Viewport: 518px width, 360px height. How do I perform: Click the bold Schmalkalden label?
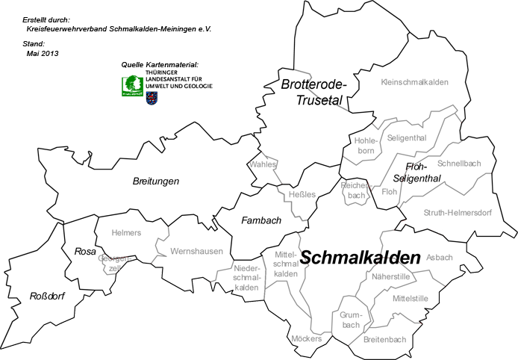pyautogui.click(x=360, y=258)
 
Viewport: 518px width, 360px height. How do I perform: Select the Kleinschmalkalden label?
pyautogui.click(x=414, y=82)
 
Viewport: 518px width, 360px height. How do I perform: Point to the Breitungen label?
pyautogui.click(x=156, y=181)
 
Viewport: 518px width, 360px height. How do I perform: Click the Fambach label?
pyautogui.click(x=261, y=220)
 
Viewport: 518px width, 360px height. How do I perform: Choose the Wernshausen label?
pyautogui.click(x=196, y=252)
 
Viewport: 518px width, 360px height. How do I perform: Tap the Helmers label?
pyautogui.click(x=126, y=233)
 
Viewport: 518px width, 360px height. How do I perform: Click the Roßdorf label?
pyautogui.click(x=47, y=297)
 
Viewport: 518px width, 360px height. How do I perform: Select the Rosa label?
pyautogui.click(x=85, y=252)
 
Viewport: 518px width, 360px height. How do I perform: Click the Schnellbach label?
pyautogui.click(x=459, y=164)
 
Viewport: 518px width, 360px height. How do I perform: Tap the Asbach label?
pyautogui.click(x=440, y=258)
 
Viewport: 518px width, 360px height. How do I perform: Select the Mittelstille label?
pyautogui.click(x=411, y=298)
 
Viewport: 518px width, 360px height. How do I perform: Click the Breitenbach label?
pyautogui.click(x=384, y=340)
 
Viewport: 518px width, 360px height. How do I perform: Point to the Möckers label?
pyautogui.click(x=306, y=339)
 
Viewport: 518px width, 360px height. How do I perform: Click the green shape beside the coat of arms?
pyautogui.click(x=134, y=87)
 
